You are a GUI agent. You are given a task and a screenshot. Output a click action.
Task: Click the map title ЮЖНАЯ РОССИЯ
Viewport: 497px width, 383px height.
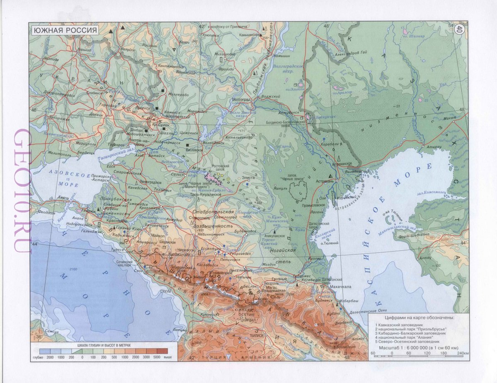tap(65, 31)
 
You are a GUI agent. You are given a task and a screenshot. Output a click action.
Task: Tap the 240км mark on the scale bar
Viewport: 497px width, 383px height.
tap(463, 353)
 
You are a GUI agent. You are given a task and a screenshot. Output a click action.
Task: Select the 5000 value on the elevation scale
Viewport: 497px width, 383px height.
tap(157, 357)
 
